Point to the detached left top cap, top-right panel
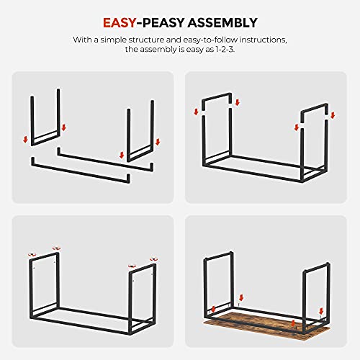click(216, 99)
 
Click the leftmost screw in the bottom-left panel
click(30, 253)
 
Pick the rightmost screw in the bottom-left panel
click(153, 258)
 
